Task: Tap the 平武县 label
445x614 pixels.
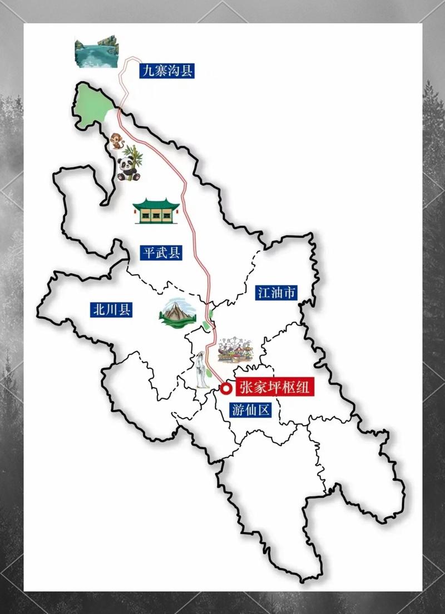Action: click(x=161, y=253)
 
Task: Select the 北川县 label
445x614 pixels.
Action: click(x=111, y=310)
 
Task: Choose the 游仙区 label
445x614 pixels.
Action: click(x=250, y=410)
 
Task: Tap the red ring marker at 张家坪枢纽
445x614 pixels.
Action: click(x=225, y=388)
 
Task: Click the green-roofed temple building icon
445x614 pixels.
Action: click(x=156, y=211)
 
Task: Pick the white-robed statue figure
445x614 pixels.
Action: click(x=200, y=371)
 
